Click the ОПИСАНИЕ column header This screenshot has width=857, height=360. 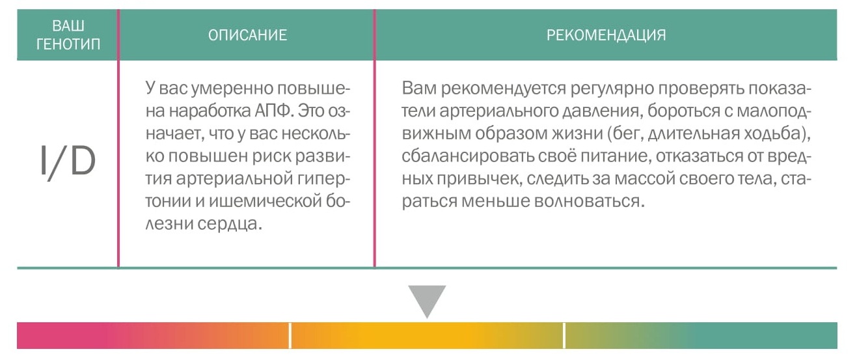tap(247, 35)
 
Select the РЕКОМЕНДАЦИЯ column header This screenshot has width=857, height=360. tap(606, 35)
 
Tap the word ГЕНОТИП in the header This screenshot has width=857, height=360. tap(68, 44)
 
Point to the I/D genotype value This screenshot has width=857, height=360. tap(68, 161)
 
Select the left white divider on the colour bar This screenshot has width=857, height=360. tap(290, 335)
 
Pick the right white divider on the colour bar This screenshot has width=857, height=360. tap(564, 335)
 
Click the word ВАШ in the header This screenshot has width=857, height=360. tap(68, 26)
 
